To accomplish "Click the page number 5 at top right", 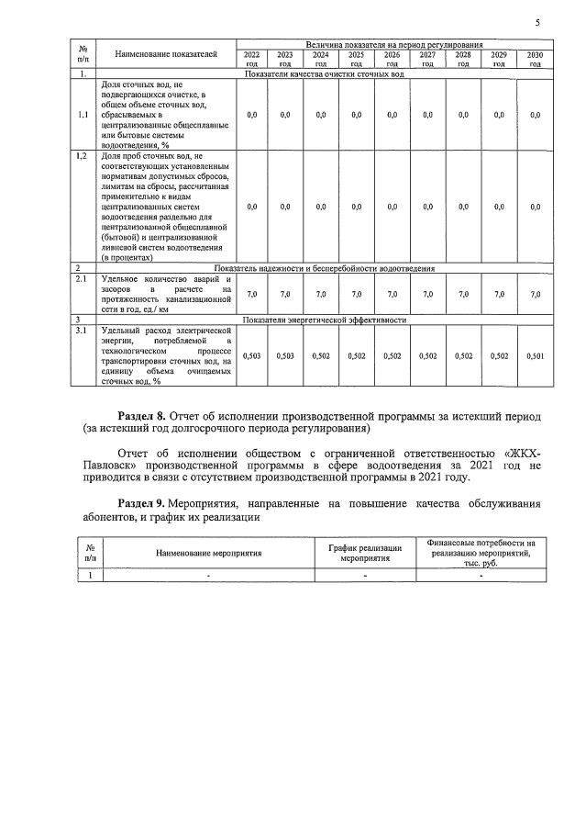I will [537, 22].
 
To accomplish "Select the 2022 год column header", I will [252, 60].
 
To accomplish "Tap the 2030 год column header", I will [535, 60].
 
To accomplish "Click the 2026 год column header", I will [392, 60].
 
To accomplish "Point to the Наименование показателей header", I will [166, 55].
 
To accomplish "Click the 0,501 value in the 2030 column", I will [535, 354].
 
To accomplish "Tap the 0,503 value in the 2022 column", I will [252, 354].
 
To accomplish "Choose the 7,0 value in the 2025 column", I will [356, 294].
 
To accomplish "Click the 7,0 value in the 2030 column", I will [535, 294].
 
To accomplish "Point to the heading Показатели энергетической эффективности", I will [324, 320].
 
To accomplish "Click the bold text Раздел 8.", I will [148, 416].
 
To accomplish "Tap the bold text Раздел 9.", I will [148, 504].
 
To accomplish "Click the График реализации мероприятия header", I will [365, 553].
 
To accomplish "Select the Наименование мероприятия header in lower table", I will [209, 554].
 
